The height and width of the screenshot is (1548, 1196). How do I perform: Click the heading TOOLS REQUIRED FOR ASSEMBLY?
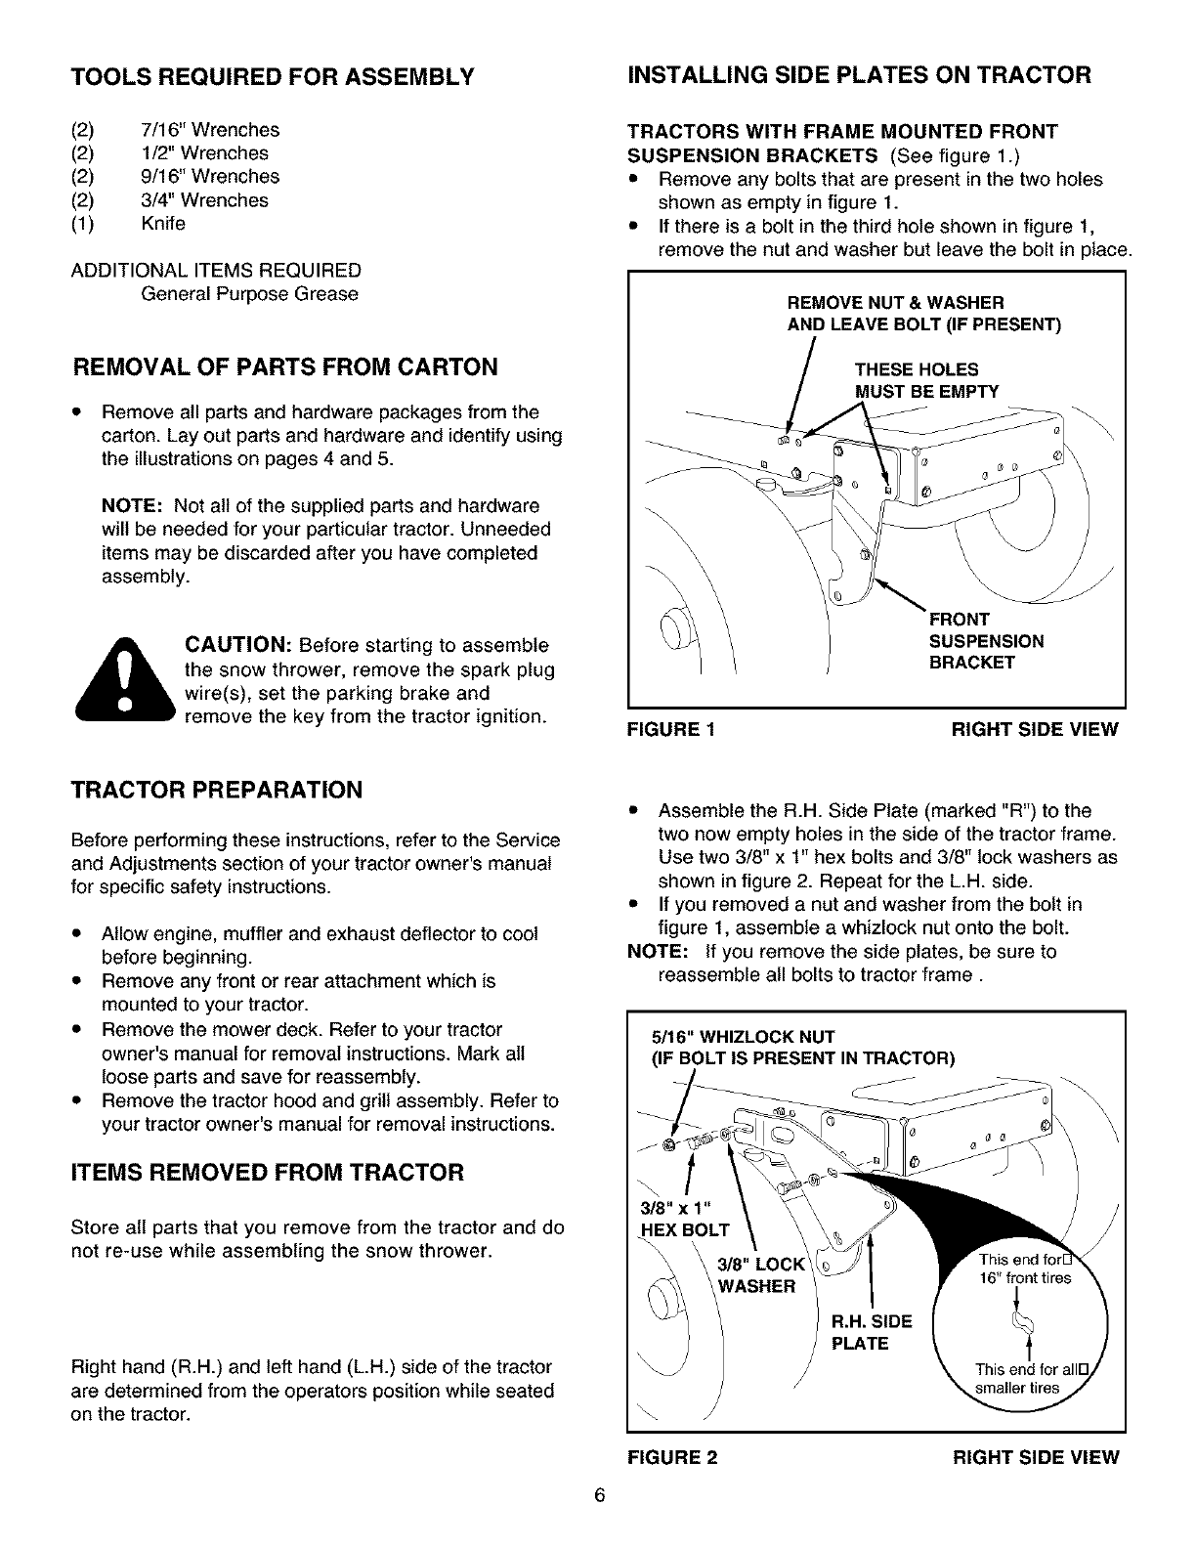[x=272, y=76]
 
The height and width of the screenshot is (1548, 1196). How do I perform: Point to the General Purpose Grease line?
[x=249, y=294]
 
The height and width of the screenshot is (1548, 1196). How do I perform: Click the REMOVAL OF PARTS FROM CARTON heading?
[x=286, y=366]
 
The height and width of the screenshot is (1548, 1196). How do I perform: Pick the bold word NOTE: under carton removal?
[x=133, y=506]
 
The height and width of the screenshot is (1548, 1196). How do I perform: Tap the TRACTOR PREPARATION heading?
[x=216, y=790]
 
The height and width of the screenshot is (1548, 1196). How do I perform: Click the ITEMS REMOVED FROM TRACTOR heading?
[x=268, y=1172]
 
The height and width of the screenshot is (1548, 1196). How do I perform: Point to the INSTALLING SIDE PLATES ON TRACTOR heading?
[x=859, y=75]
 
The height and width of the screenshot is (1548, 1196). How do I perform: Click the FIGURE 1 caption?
[x=670, y=730]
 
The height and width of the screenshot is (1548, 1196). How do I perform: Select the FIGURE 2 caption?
[x=671, y=1458]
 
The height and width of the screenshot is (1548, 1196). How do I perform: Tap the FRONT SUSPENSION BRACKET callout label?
[x=985, y=641]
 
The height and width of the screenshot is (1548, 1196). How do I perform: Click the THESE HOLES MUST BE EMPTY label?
[x=926, y=380]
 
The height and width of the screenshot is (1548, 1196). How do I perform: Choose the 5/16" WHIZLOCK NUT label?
[x=743, y=1037]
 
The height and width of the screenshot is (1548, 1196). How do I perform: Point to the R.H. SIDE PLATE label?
[x=871, y=1332]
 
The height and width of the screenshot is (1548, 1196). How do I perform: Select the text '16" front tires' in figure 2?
[x=1024, y=1279]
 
